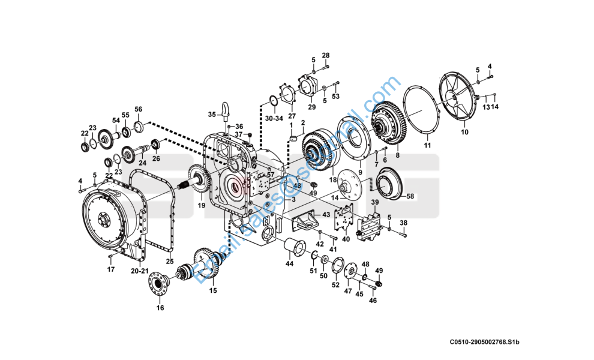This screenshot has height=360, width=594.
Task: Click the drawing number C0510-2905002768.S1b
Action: pos(484,342)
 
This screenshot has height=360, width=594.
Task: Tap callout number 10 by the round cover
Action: pos(464,132)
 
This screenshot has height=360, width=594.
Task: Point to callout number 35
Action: pos(211,114)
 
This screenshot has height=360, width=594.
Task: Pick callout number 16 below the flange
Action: pos(160,308)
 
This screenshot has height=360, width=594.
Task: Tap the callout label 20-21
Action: pos(140,271)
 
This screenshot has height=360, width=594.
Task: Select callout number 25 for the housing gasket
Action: pos(170,262)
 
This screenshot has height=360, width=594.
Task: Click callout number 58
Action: pos(410,196)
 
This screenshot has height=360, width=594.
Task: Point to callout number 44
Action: pos(290,263)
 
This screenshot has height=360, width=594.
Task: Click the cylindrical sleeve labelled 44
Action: pos(294,247)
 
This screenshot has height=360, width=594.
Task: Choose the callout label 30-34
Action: pos(274,119)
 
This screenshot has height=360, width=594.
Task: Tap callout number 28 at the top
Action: pos(326,56)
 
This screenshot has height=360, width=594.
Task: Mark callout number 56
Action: pos(138,109)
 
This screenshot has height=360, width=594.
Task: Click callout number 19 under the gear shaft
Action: pos(202,205)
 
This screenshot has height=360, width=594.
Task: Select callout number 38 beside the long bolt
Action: pos(403,223)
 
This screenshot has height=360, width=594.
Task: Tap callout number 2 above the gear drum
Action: pos(303,122)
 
